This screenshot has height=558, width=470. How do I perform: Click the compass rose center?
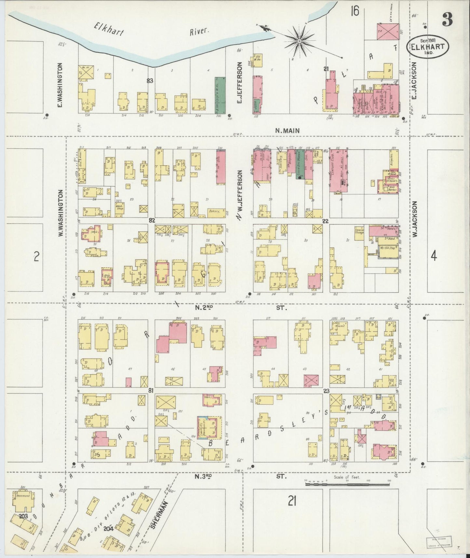pyautogui.click(x=299, y=41)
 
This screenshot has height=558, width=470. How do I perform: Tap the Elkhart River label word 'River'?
pyautogui.click(x=199, y=31)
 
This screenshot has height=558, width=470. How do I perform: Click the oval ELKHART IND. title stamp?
pyautogui.click(x=428, y=46)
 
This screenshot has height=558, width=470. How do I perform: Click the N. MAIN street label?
pyautogui.click(x=287, y=131)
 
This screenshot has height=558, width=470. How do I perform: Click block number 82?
pyautogui.click(x=151, y=221)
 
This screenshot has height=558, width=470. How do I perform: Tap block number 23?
pyautogui.click(x=326, y=391)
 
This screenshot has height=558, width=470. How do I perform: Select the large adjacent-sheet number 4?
pyautogui.click(x=433, y=257)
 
